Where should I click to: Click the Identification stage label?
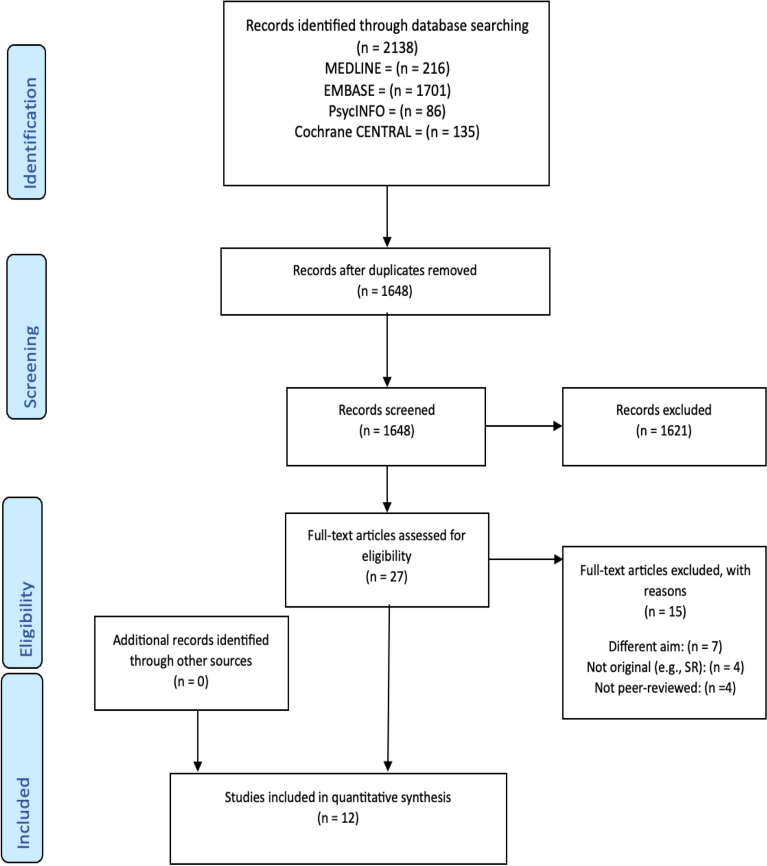(27, 122)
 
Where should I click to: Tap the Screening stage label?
(27, 337)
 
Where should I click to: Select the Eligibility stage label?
(23, 582)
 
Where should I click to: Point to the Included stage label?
(23, 768)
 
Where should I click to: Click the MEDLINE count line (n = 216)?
(387, 68)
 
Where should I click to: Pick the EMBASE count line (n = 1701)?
(387, 90)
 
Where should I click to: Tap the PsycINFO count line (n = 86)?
(387, 111)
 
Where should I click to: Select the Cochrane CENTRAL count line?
(387, 132)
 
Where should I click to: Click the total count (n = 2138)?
(387, 47)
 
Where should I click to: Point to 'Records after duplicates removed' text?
(385, 270)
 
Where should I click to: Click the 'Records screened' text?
(387, 410)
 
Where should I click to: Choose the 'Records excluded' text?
(664, 410)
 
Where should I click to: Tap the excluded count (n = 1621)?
(664, 431)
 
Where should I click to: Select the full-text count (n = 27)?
(387, 577)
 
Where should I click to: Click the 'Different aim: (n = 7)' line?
(665, 647)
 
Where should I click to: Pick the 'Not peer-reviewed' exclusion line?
(665, 688)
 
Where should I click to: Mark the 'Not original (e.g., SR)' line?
(665, 667)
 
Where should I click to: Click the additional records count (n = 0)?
(191, 682)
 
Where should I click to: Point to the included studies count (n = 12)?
(338, 818)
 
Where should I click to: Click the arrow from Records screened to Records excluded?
(524, 426)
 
